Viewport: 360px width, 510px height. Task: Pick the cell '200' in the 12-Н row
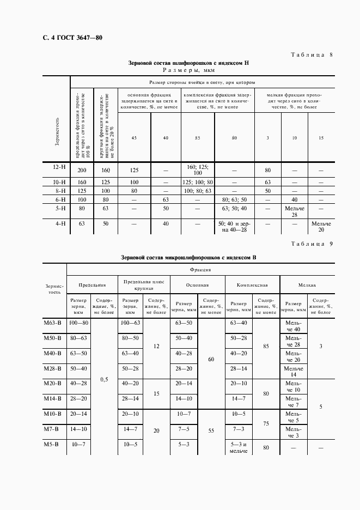click(82, 170)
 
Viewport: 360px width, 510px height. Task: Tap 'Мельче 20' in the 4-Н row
click(321, 226)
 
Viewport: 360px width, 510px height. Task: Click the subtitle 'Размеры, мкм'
click(189, 70)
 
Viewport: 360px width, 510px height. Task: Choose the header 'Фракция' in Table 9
click(200, 269)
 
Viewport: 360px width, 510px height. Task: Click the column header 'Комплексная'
click(252, 284)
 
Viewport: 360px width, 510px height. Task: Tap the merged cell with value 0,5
click(105, 379)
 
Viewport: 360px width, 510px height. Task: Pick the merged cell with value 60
click(211, 360)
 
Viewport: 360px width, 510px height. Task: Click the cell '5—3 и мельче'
click(239, 448)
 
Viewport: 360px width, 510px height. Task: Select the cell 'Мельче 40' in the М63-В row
click(294, 326)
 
